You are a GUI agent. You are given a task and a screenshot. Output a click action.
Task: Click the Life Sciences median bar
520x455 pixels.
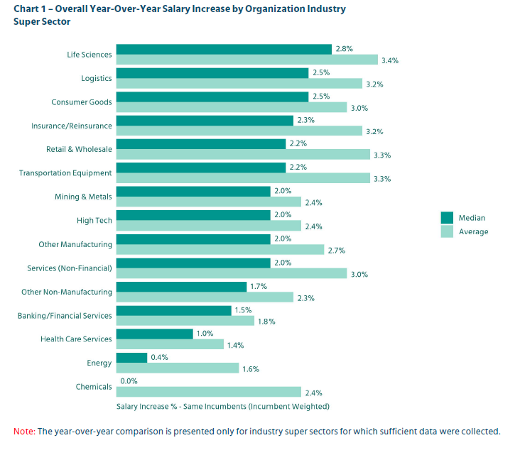click(224, 49)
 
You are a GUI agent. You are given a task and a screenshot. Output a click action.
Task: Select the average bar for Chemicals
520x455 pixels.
click(208, 392)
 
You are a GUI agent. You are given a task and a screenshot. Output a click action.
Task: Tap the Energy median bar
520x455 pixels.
click(131, 357)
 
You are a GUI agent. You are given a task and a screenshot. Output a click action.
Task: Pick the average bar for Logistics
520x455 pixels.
click(239, 84)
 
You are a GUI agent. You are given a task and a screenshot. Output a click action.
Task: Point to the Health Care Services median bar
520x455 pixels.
click(154, 334)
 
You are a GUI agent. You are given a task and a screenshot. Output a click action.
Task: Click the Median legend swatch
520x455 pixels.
click(447, 217)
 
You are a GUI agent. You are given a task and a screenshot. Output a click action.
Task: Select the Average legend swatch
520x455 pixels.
click(447, 231)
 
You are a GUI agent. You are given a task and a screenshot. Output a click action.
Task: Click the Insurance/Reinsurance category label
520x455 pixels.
click(71, 126)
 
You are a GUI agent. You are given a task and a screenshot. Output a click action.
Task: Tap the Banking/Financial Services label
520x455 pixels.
click(65, 315)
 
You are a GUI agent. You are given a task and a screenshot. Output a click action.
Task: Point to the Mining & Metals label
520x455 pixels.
click(83, 197)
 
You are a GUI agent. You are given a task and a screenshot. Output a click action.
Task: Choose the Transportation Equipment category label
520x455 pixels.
click(65, 173)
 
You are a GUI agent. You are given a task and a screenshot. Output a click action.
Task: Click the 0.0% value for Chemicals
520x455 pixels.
click(128, 380)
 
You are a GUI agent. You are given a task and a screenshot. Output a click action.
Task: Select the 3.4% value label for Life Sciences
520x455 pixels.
click(389, 60)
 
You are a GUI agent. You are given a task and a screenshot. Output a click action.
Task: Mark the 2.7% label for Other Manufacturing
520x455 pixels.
click(335, 250)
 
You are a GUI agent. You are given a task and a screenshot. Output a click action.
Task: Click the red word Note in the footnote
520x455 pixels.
click(24, 431)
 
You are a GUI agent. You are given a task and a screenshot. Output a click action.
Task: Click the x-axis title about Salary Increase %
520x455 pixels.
click(223, 407)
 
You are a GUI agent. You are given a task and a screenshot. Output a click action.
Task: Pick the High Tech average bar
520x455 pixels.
click(208, 226)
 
